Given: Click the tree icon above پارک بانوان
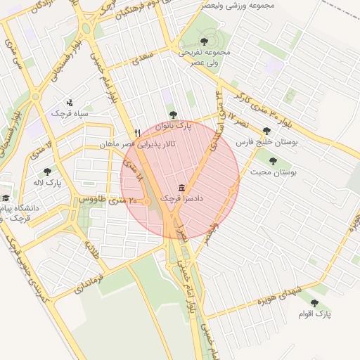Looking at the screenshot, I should click(173, 115).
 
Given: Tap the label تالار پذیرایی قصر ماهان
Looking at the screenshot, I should click(141, 143).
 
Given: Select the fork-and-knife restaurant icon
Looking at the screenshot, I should click(138, 132).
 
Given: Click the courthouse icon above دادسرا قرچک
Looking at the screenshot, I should click(182, 188).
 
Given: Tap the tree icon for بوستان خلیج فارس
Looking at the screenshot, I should click(266, 130).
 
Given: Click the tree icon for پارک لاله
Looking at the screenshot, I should click(47, 171).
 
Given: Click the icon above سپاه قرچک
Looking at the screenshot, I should click(69, 102).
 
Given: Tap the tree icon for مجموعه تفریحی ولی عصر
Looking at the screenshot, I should click(204, 41).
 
